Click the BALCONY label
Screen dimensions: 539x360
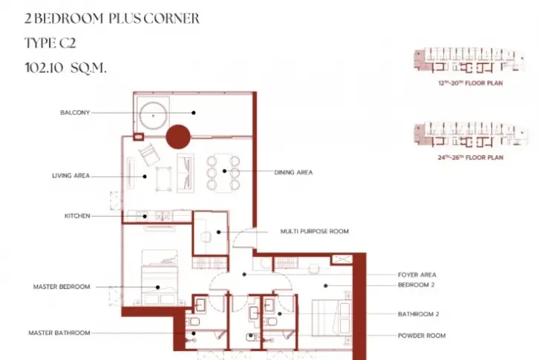[x=75, y=112]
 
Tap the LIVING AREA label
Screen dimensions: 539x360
[x=71, y=176]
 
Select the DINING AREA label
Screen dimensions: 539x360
[x=293, y=172]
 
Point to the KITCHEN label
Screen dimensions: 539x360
[x=77, y=216]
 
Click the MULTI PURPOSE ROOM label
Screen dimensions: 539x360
[x=315, y=232]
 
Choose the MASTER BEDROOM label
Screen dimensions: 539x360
[x=62, y=287]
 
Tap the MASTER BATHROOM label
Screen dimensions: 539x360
[x=59, y=333]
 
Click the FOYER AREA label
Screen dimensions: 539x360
[x=417, y=275]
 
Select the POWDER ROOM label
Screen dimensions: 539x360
[x=422, y=336]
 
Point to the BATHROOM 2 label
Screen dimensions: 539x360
[x=418, y=314]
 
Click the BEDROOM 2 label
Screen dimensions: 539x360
[x=416, y=285]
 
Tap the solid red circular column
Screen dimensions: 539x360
[x=178, y=137]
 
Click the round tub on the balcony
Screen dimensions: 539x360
[x=154, y=116]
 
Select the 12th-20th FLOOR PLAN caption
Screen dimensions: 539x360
[x=471, y=83]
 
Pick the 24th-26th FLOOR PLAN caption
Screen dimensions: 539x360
[x=471, y=157]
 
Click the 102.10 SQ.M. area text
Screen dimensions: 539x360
[x=65, y=68]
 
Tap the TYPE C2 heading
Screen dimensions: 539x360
[x=50, y=43]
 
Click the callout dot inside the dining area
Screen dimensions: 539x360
[x=224, y=171]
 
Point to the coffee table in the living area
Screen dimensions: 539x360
[x=163, y=179]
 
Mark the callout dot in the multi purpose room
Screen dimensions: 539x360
[x=218, y=232]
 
